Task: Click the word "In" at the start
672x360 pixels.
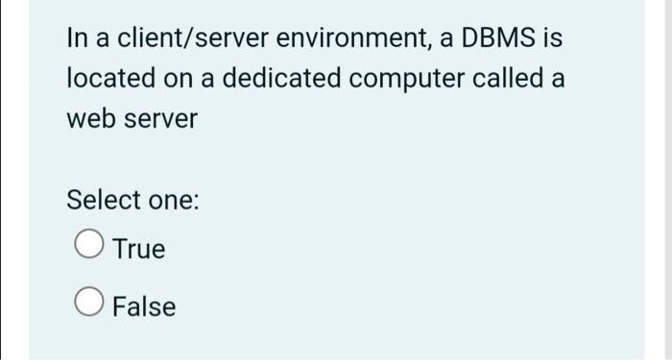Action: (x=76, y=39)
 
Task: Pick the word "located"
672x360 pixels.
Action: (x=106, y=80)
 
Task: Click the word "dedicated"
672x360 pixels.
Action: (x=277, y=80)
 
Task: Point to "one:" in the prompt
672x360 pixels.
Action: (x=173, y=201)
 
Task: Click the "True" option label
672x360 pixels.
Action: (x=139, y=250)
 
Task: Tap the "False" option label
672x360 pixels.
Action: (x=144, y=307)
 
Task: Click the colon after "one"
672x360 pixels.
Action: (x=196, y=203)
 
